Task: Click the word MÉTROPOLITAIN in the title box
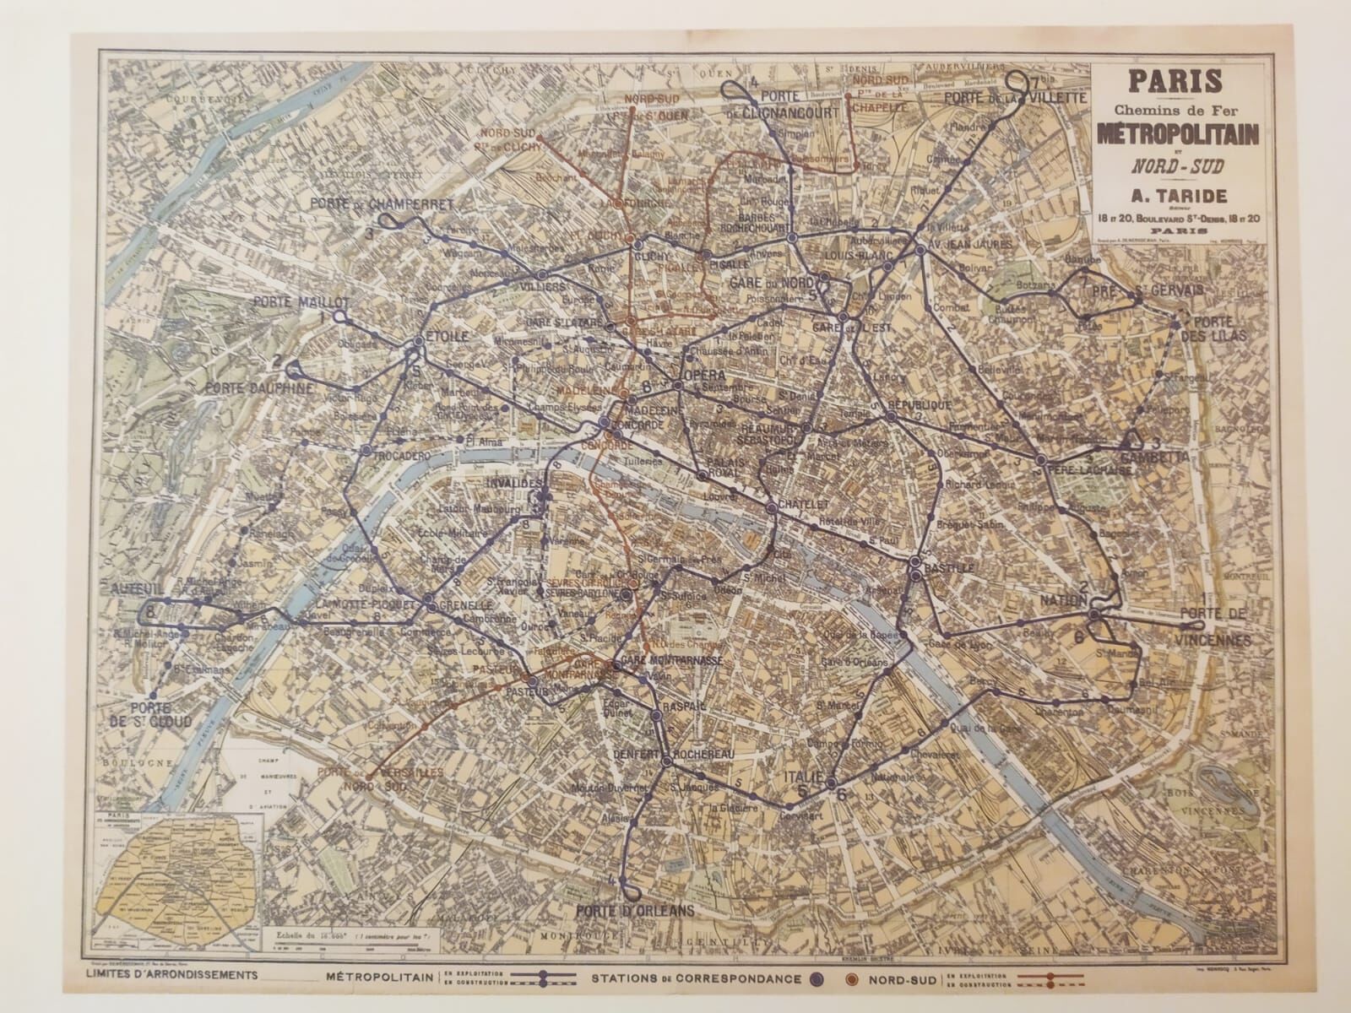1178,133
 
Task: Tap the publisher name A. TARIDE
1178,193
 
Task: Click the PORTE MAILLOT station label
299,301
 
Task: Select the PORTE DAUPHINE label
258,388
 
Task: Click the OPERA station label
703,374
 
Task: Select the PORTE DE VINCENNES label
1216,627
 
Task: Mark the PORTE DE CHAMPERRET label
382,204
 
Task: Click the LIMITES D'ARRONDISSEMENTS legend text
172,974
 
